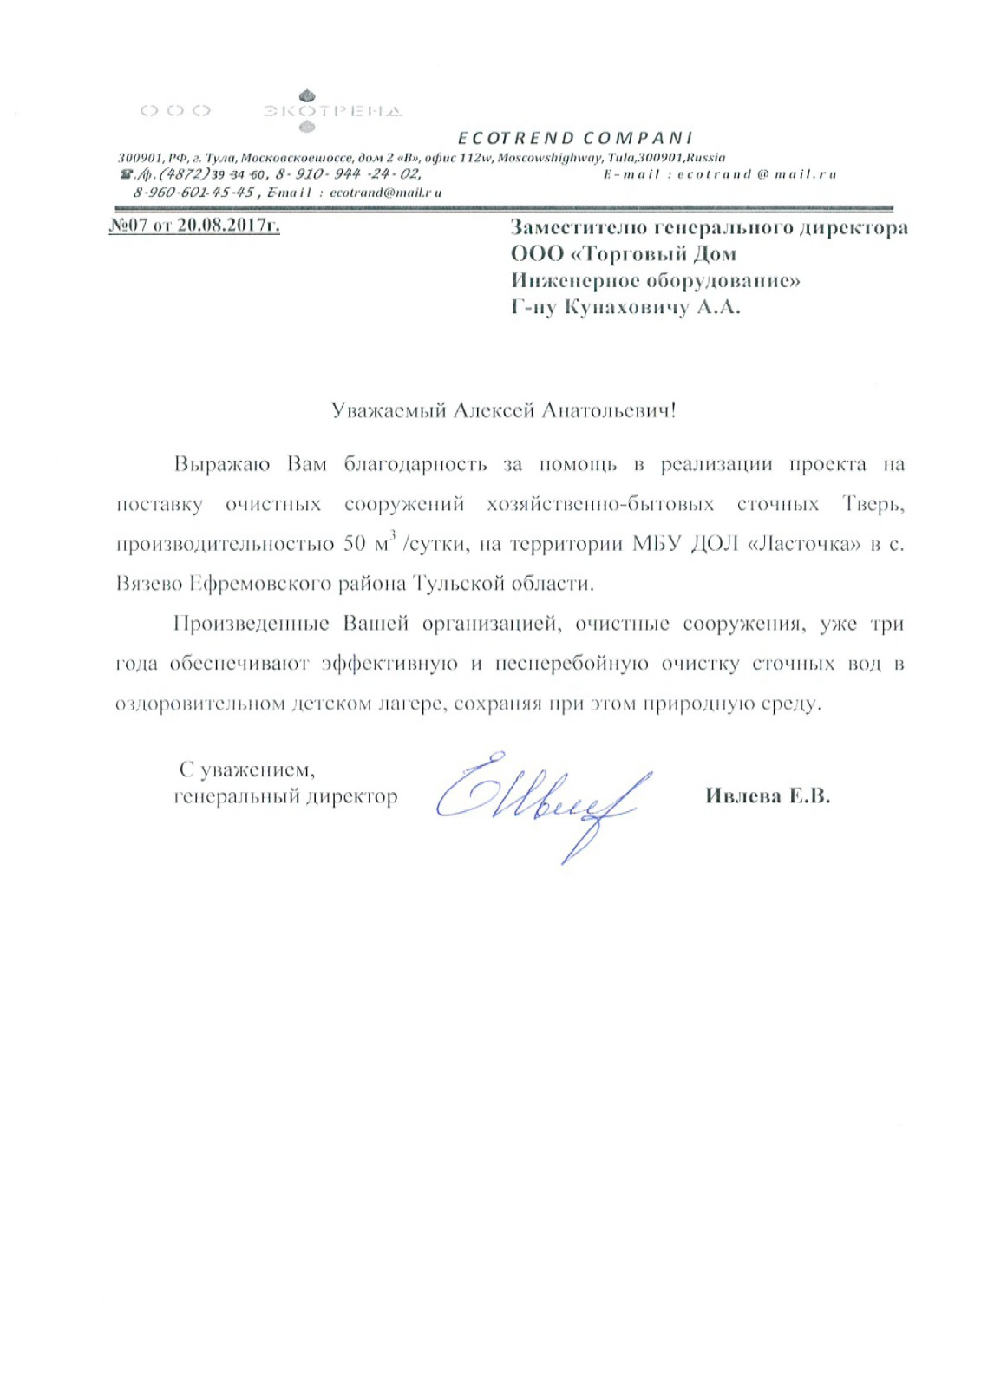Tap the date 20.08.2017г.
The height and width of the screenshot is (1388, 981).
228,226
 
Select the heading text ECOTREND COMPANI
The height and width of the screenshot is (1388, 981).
575,138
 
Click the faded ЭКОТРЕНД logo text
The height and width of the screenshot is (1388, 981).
332,111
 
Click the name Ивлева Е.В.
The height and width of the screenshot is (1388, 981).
767,796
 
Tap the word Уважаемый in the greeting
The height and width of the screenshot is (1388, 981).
388,410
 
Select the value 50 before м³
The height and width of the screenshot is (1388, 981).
355,544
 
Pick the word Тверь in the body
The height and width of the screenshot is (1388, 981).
872,504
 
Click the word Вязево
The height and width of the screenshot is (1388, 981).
148,584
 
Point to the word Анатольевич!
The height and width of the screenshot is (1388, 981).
608,410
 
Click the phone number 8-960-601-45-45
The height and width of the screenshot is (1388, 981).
193,192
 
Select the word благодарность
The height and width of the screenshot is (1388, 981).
415,464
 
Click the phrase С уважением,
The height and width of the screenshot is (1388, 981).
246,769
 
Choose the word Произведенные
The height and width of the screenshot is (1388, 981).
251,624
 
